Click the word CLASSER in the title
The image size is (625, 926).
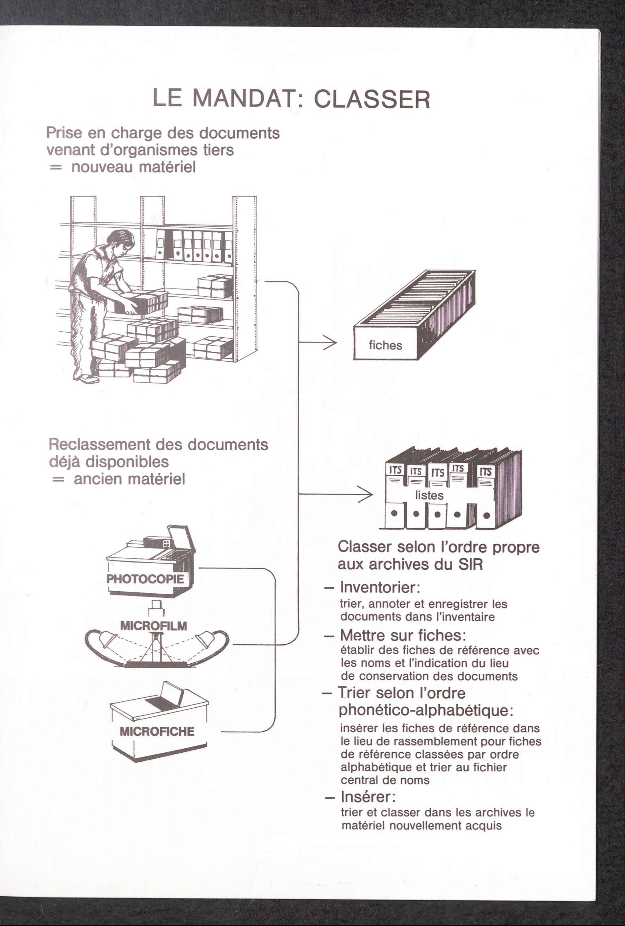pyautogui.click(x=372, y=99)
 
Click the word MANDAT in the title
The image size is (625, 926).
pyautogui.click(x=242, y=98)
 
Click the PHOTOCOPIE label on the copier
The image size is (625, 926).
pyautogui.click(x=145, y=579)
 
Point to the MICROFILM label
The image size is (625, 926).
pyautogui.click(x=153, y=626)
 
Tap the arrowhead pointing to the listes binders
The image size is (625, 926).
pyautogui.click(x=366, y=494)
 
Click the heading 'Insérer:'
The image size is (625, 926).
pyautogui.click(x=368, y=797)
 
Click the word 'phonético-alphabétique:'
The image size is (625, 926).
pyautogui.click(x=426, y=710)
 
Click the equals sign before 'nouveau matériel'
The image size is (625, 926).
pyautogui.click(x=56, y=168)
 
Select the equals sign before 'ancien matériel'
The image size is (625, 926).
pyautogui.click(x=58, y=479)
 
